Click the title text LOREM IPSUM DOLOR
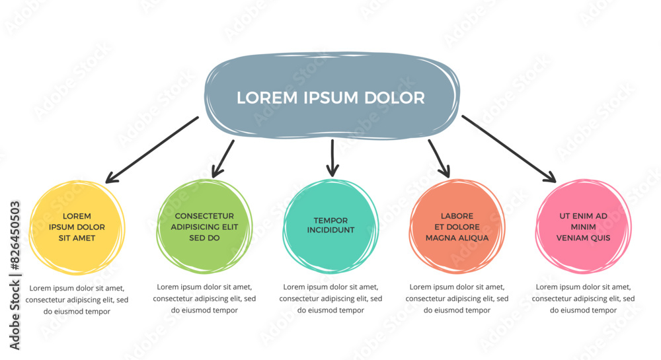click(x=330, y=98)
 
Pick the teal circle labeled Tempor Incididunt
click(x=330, y=226)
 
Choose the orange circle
click(x=457, y=226)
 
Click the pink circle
click(x=583, y=227)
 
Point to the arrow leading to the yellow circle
click(x=152, y=149)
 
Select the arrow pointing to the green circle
click(x=223, y=159)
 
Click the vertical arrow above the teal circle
click(x=332, y=159)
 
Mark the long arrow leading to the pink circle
click(x=509, y=149)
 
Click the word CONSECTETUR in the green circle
click(x=204, y=216)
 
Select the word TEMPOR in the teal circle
click(x=330, y=221)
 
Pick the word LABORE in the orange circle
click(x=457, y=216)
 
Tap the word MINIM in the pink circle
click(x=583, y=227)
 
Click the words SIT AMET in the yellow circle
click(x=77, y=238)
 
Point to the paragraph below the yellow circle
click(x=77, y=299)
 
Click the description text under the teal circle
click(x=330, y=299)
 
